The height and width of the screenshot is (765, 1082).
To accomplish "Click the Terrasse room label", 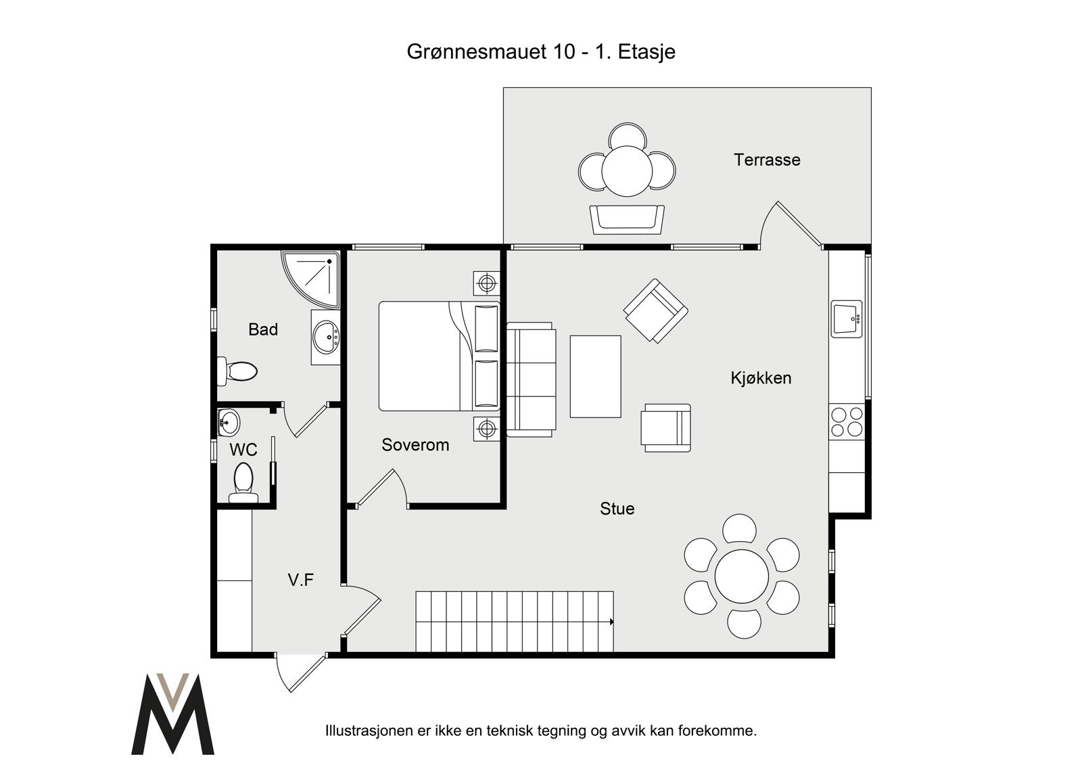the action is [x=767, y=160].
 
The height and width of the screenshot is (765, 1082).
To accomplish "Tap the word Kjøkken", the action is [x=761, y=378].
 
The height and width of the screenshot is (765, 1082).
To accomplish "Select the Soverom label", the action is [x=415, y=444].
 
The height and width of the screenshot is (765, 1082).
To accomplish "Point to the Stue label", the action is [x=617, y=509].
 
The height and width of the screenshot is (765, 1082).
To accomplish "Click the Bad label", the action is [x=263, y=329].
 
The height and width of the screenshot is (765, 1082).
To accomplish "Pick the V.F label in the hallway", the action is [x=300, y=580].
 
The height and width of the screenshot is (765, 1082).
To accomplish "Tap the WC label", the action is [x=243, y=450].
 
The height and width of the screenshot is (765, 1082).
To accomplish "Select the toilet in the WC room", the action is [x=243, y=483].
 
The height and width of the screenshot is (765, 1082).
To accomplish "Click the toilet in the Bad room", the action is [x=237, y=371].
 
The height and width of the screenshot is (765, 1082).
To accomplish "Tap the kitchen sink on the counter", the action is [x=846, y=319].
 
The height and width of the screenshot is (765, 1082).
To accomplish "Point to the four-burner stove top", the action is [x=847, y=422].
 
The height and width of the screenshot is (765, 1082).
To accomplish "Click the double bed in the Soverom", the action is [x=439, y=356].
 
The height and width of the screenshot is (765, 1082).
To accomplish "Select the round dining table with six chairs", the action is [x=741, y=576].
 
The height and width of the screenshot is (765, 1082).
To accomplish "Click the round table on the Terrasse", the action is [x=627, y=171].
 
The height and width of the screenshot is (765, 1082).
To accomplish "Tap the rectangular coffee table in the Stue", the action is [x=595, y=377].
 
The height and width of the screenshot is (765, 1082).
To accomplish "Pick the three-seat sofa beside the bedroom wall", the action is [x=531, y=380].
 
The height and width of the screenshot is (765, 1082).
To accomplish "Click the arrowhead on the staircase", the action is [x=611, y=622].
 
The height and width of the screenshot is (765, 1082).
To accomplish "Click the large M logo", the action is [x=173, y=714].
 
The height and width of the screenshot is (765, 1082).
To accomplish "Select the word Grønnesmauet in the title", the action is [x=491, y=51].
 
